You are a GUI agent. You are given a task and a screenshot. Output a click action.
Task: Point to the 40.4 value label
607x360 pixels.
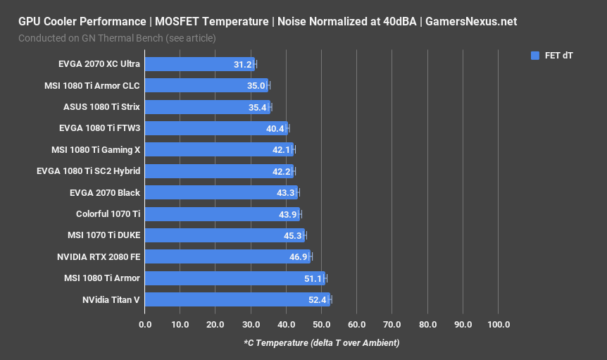pos(275,129)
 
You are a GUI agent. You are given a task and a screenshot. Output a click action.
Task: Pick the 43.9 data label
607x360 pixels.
pos(287,214)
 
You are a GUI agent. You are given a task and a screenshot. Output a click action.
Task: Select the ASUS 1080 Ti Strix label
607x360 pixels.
pos(101,107)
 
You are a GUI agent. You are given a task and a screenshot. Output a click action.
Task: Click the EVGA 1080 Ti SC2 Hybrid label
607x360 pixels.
pos(88,171)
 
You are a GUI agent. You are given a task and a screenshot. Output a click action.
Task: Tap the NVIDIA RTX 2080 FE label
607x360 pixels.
pos(99,257)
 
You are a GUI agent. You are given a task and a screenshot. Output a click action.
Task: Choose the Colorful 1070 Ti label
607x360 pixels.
pos(108,214)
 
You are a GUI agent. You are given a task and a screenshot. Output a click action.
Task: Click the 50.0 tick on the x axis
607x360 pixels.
pos(322,325)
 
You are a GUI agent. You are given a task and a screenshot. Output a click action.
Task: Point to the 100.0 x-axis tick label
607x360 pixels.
pos(498,325)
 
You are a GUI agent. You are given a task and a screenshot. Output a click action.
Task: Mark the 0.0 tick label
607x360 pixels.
pos(145,325)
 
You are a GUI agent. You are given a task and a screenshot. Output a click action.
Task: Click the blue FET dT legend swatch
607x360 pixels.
pos(534,55)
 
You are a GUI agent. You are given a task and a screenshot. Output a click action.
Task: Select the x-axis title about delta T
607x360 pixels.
pos(321,343)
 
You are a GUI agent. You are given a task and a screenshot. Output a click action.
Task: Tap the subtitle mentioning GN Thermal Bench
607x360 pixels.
pos(117,37)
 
